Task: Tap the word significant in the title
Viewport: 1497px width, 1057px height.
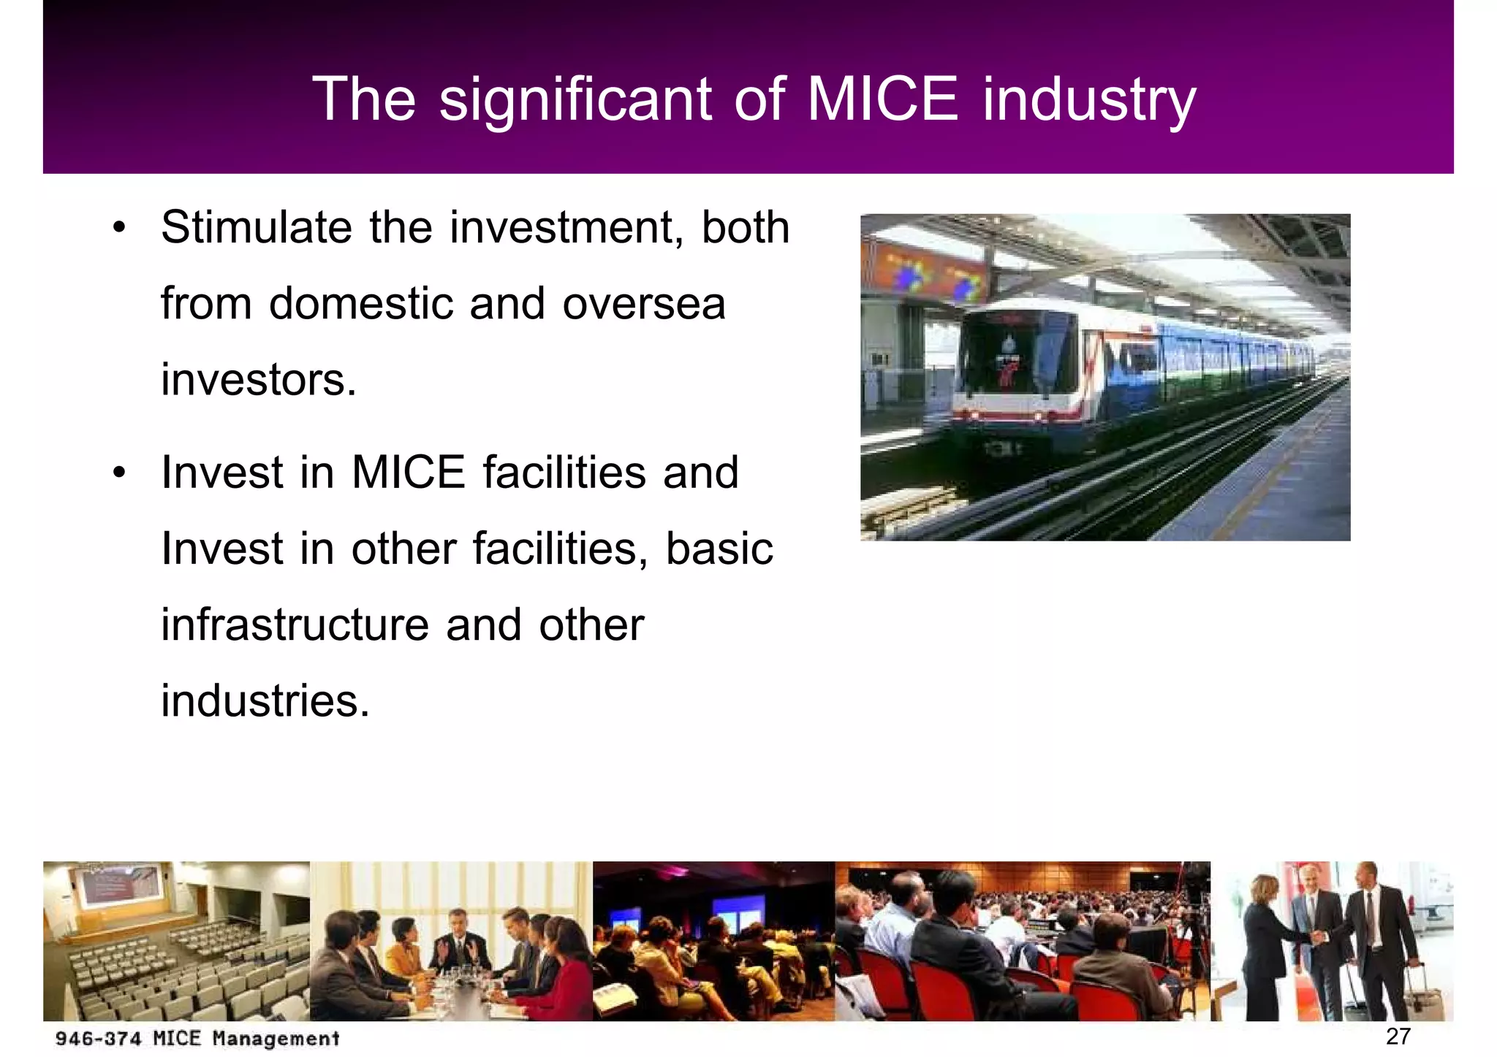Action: click(x=575, y=101)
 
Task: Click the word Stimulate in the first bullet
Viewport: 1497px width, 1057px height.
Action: click(x=257, y=227)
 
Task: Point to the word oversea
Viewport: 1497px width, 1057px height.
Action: click(x=643, y=305)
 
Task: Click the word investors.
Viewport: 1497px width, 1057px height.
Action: click(x=258, y=380)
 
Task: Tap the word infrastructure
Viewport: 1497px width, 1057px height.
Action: click(x=296, y=625)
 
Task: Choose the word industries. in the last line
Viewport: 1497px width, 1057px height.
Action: click(x=265, y=701)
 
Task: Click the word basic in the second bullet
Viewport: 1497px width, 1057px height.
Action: click(x=719, y=549)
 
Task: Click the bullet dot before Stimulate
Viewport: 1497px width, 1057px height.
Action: click(x=119, y=227)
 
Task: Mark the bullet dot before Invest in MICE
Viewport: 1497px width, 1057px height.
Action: click(x=119, y=472)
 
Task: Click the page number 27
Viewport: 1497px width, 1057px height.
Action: click(x=1398, y=1036)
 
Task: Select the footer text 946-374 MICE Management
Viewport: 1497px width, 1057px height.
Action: click(x=197, y=1038)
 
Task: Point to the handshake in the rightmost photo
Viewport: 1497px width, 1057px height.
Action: click(x=1318, y=936)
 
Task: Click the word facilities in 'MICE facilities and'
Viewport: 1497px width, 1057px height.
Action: click(x=564, y=472)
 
